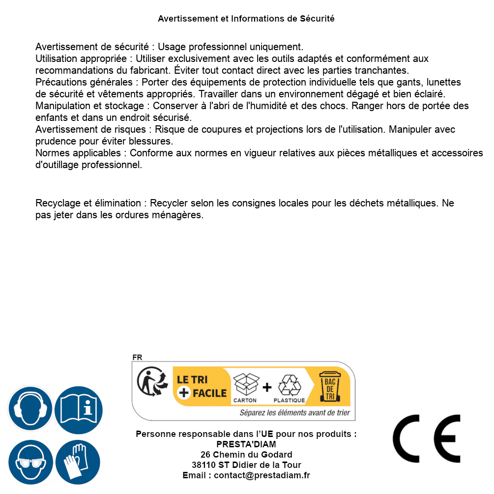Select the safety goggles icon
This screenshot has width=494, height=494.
30,462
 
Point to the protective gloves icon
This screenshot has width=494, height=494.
79,462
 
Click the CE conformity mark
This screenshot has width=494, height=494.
427,438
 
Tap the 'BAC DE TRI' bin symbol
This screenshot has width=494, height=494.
330,386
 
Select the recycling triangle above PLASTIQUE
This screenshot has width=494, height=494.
289,385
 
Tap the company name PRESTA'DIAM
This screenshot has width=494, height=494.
246,444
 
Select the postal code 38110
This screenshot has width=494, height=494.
203,465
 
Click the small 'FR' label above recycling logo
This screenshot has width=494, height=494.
137,357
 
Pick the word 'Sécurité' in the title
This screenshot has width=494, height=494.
317,19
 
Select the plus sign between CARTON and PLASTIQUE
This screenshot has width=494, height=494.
267,387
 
